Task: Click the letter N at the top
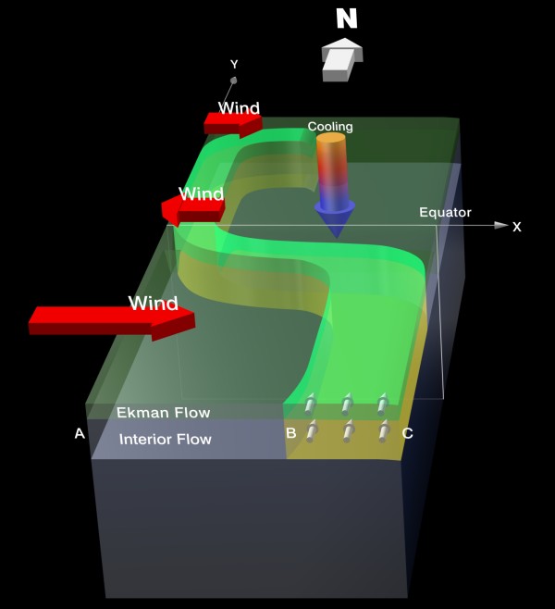[345, 19]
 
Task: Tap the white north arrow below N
[341, 58]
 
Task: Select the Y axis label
[234, 64]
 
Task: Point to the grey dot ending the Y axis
[233, 81]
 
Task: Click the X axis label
[517, 227]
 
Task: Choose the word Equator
[445, 212]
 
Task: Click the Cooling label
[330, 127]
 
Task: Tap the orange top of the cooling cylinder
[330, 141]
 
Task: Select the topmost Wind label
[239, 108]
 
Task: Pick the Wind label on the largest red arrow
[153, 303]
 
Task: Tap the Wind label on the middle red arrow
[201, 194]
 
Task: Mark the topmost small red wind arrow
[232, 122]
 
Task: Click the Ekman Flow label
[163, 413]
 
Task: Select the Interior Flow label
[165, 439]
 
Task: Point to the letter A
[80, 432]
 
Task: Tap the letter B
[290, 432]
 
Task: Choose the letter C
[407, 432]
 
